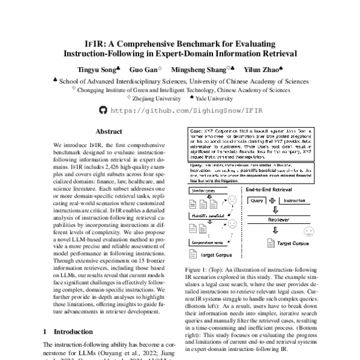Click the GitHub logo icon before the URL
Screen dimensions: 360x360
click(x=101, y=110)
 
